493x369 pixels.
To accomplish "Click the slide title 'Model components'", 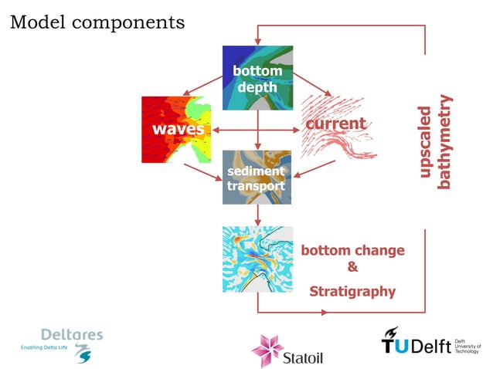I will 97,22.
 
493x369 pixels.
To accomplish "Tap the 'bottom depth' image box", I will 257,78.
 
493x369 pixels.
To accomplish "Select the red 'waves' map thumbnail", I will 176,129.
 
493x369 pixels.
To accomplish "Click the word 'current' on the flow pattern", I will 335,124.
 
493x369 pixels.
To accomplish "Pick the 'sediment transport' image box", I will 257,178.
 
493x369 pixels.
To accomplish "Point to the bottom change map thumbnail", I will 257,259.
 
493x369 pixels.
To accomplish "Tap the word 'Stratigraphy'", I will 352,292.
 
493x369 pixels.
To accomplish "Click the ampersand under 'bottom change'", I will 352,268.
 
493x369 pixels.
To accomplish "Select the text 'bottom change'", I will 352,251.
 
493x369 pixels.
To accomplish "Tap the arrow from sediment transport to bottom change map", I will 258,215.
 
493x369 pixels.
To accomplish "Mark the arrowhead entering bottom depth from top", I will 258,41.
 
